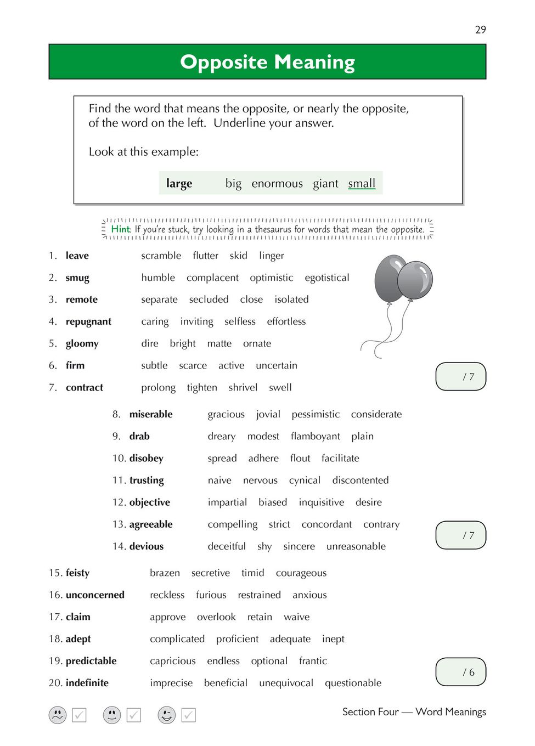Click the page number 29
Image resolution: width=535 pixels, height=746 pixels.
tap(480, 30)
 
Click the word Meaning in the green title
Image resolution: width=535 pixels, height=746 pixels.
tap(314, 63)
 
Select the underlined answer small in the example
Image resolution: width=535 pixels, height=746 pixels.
tap(362, 183)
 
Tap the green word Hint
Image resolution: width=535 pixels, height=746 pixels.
tap(120, 229)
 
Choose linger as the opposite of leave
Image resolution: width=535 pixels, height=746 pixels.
tap(272, 256)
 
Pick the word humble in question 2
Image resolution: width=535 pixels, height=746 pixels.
tap(158, 278)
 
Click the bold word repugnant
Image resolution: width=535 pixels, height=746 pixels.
tap(88, 321)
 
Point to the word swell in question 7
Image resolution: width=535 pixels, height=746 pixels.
tap(280, 387)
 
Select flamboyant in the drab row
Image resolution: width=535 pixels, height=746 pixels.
tap(316, 436)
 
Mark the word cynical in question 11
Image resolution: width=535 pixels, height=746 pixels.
tap(305, 481)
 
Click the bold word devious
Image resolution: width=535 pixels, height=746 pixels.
tap(147, 546)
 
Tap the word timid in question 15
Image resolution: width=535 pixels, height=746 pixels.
tap(253, 573)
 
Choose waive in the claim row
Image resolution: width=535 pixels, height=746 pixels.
tap(297, 617)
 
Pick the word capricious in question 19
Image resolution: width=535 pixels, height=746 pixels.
tap(173, 661)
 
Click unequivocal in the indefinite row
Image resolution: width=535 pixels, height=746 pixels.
tap(286, 683)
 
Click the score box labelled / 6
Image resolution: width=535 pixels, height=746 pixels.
tap(461, 672)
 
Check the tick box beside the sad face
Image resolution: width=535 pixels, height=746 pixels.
tap(80, 715)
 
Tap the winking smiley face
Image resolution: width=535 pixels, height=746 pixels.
tap(167, 715)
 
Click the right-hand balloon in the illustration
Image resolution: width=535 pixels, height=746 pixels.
tap(415, 280)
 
